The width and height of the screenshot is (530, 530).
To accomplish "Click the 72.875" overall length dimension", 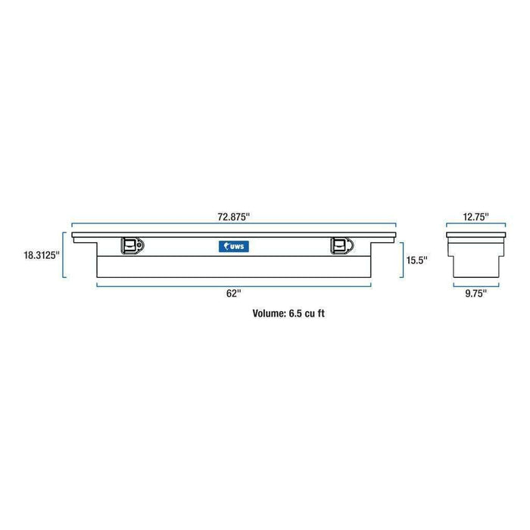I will click(233, 217).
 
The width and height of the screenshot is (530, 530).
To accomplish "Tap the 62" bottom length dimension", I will click(233, 293).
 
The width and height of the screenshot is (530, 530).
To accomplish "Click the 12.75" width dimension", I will click(475, 217).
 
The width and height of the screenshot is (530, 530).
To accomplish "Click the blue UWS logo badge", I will click(233, 245).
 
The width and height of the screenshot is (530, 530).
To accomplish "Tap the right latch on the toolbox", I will click(339, 245).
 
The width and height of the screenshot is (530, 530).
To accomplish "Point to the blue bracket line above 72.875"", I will click(233, 225).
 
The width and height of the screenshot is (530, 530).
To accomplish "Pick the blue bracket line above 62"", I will click(233, 284).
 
